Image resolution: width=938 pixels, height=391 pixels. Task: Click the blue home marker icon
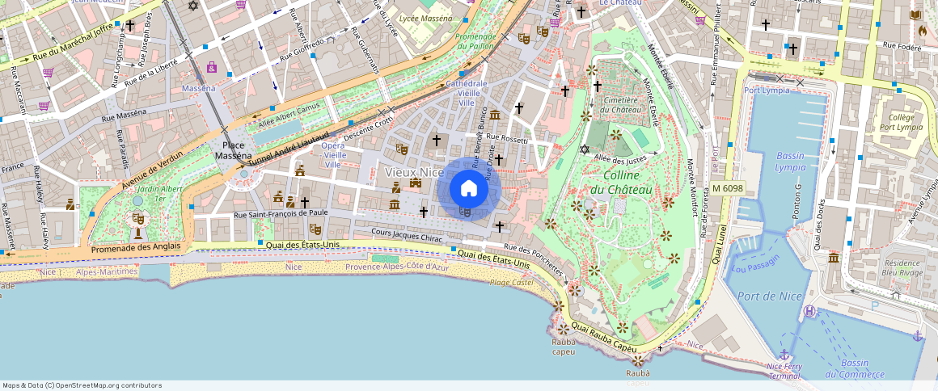click(468, 189)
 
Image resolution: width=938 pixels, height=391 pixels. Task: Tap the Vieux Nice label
click(414, 172)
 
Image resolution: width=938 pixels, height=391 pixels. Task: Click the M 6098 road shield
click(727, 188)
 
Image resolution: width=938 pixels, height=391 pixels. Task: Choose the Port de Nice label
click(770, 296)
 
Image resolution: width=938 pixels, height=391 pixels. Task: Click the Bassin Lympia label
click(789, 161)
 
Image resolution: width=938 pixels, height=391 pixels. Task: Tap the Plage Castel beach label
click(511, 282)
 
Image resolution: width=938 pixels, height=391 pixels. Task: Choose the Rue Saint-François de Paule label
click(281, 213)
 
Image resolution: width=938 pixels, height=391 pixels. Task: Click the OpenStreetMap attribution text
click(82, 385)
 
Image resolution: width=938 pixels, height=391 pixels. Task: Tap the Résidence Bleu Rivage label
click(902, 267)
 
